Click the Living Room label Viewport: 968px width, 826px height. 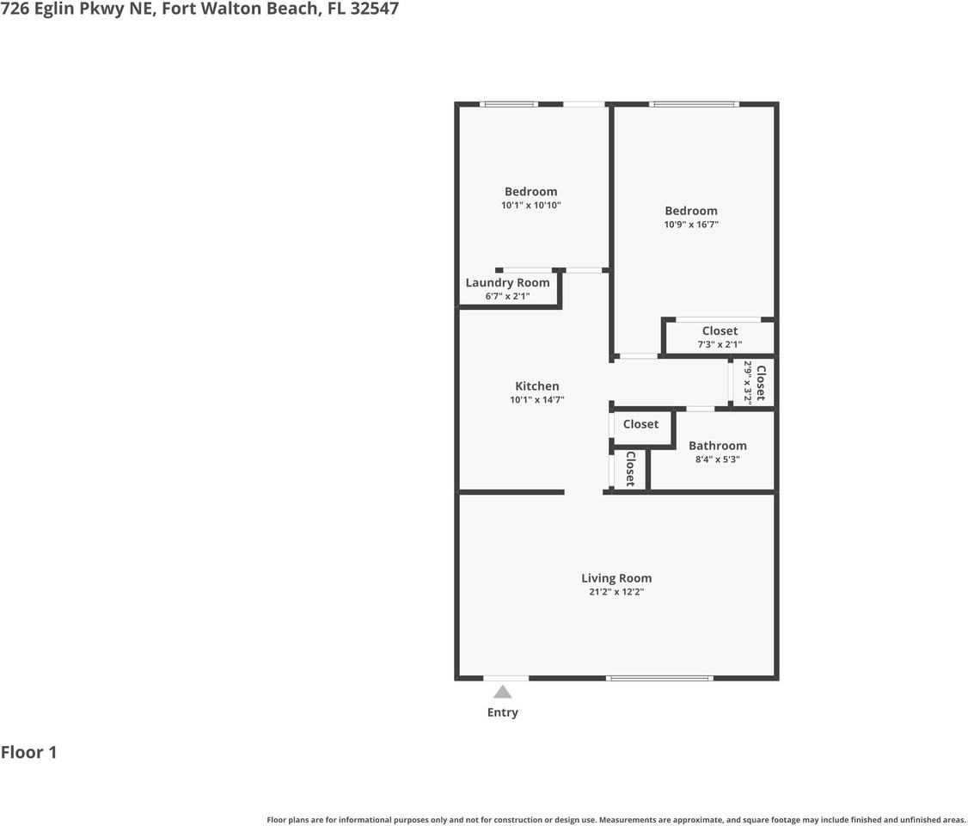click(x=616, y=578)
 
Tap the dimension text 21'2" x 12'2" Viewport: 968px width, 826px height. click(x=616, y=592)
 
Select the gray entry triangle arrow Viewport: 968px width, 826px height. click(x=503, y=692)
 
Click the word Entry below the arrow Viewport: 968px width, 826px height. click(x=503, y=712)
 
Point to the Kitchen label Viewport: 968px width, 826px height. click(x=536, y=386)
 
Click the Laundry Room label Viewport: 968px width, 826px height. click(x=507, y=282)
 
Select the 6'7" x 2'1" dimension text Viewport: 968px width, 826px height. click(x=507, y=296)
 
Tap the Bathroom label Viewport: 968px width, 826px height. click(x=717, y=446)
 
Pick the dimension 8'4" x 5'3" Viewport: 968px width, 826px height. click(x=717, y=459)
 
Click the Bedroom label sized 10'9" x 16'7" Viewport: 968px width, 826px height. click(x=690, y=211)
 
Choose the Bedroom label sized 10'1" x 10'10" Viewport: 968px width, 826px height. click(x=530, y=192)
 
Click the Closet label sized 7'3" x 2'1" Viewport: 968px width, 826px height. click(x=720, y=331)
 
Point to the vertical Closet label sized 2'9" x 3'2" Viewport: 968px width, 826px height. click(x=760, y=383)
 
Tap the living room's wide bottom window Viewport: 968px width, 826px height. click(x=659, y=678)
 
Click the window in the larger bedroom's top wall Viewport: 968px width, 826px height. click(x=694, y=104)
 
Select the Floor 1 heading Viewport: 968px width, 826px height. click(x=28, y=753)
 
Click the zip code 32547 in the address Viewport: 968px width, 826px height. click(x=375, y=9)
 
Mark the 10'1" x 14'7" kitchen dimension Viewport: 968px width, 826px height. click(x=536, y=400)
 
